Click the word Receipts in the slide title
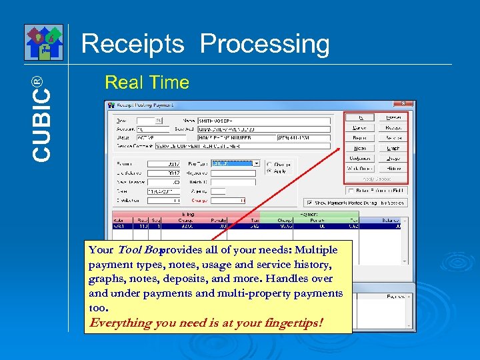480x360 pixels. click(x=132, y=45)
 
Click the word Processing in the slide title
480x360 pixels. click(x=265, y=45)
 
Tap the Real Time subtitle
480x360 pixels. click(x=147, y=83)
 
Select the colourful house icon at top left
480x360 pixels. click(x=44, y=41)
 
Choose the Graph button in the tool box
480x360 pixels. click(x=393, y=148)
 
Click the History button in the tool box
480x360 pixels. click(x=393, y=169)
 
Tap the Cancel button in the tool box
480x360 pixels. click(x=360, y=127)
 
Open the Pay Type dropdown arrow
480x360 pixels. click(x=257, y=163)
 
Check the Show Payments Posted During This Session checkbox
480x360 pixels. click(x=309, y=203)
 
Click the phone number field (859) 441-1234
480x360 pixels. click(x=303, y=138)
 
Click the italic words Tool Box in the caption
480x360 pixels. click(x=137, y=250)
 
